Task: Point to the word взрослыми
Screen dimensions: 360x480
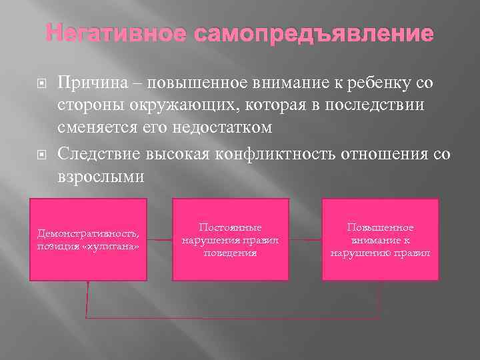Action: (100, 177)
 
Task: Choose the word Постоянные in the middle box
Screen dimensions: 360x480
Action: (230, 228)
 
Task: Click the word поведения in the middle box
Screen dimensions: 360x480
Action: (230, 253)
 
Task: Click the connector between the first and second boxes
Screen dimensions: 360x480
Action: (160, 239)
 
